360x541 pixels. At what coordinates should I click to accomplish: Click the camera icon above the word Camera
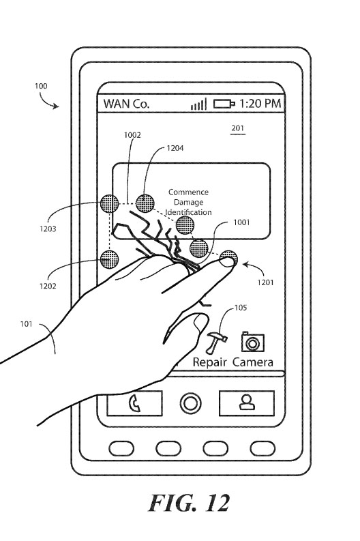[253, 342]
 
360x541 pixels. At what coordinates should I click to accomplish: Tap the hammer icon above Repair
[216, 342]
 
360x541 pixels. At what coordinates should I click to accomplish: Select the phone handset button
[134, 403]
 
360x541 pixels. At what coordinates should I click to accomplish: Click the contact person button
[247, 403]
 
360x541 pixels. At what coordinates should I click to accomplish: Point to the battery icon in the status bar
[224, 104]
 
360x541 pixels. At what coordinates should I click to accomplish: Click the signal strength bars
[199, 104]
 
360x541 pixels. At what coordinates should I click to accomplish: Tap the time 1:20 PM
[260, 103]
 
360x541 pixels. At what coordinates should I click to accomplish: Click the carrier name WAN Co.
[126, 104]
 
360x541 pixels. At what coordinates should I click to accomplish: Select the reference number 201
[237, 128]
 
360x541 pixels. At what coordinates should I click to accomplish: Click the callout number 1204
[175, 148]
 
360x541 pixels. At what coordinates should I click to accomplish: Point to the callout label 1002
[132, 135]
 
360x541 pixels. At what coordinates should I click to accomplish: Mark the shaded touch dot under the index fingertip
[228, 259]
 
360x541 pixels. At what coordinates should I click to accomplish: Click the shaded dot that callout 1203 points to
[109, 203]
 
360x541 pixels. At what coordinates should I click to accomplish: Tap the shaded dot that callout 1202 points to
[109, 259]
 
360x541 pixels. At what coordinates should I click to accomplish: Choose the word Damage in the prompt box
[188, 202]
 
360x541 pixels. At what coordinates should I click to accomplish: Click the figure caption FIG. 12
[189, 503]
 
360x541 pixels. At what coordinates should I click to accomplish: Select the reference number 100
[41, 86]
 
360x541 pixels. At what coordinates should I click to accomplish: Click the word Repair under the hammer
[209, 362]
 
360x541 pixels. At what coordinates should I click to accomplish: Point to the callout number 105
[241, 308]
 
